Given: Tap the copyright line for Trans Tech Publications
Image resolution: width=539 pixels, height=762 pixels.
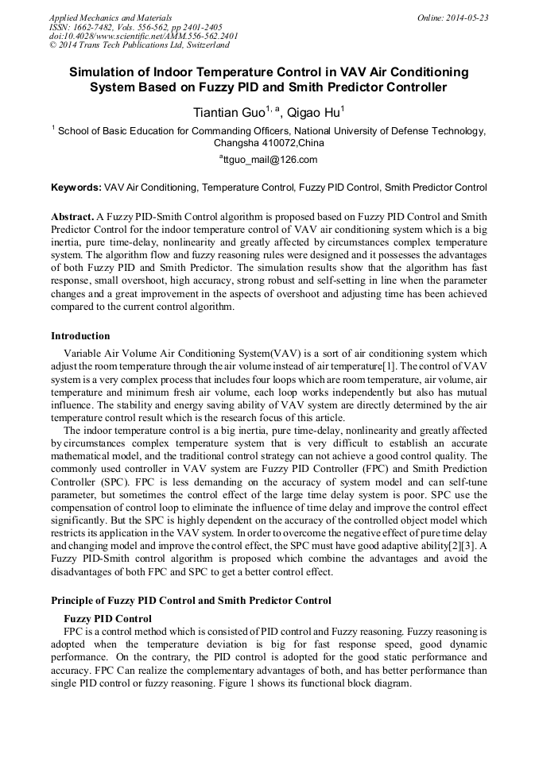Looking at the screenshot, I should (139, 45).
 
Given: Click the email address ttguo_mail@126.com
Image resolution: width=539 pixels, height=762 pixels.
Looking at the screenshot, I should (269, 160).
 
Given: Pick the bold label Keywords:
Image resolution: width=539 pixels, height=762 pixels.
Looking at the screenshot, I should (76, 188).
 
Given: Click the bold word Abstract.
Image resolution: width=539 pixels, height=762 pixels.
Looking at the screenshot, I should (72, 216).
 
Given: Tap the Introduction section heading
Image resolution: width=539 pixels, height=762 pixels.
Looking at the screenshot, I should (80, 336).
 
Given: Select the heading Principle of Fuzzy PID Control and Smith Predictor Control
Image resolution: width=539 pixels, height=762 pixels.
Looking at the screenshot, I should (191, 601).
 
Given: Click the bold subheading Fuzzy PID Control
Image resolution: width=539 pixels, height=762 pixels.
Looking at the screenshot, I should (107, 619).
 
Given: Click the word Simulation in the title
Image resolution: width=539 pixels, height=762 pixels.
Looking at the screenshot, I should (103, 72).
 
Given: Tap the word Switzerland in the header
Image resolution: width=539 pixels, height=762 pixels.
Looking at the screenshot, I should (205, 45).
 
